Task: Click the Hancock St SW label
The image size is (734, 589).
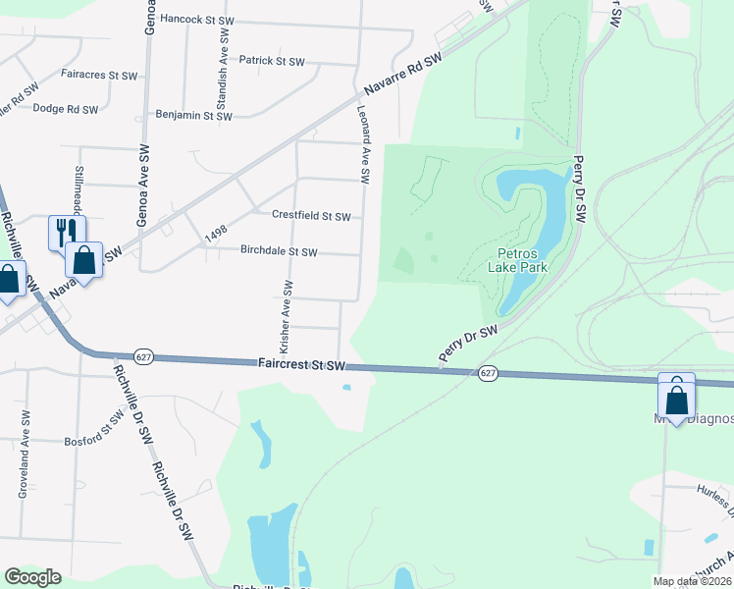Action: coord(196,19)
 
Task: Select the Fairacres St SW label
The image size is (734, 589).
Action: coord(98,75)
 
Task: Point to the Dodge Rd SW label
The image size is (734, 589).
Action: coord(66,109)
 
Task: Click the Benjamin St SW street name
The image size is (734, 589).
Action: coord(194,116)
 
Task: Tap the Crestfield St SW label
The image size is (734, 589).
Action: coord(310,216)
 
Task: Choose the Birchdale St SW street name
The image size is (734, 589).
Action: coord(279,251)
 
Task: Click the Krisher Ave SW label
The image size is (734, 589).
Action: coord(287,317)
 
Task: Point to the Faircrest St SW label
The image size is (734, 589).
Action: coord(303,364)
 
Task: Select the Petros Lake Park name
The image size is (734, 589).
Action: coord(518,260)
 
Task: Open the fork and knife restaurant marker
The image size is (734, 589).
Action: coord(67,233)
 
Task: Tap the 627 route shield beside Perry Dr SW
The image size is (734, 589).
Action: coord(488,373)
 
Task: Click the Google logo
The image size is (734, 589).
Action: coord(31,577)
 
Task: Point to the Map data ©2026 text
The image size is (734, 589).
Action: coord(691,581)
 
